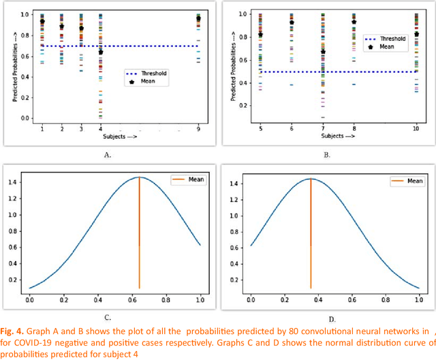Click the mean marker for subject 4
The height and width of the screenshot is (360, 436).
click(x=101, y=52)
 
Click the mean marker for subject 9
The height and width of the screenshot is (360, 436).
click(x=198, y=19)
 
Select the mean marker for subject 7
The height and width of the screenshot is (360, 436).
click(x=323, y=52)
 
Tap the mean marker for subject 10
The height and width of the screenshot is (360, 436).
click(x=416, y=33)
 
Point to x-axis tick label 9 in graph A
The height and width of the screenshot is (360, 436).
click(x=198, y=128)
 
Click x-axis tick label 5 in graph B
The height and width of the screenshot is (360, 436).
click(x=261, y=128)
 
